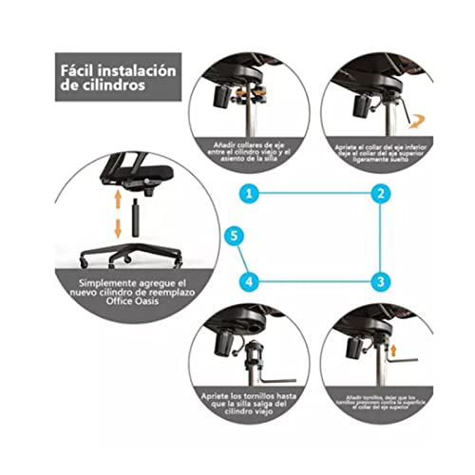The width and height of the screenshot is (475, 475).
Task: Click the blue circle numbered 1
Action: [247, 193]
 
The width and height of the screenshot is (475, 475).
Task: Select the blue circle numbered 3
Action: [379, 281]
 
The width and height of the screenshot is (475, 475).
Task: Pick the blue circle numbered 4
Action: [247, 281]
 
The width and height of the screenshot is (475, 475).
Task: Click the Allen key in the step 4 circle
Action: [271, 372]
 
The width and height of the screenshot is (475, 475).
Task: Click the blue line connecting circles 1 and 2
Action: [313, 193]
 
